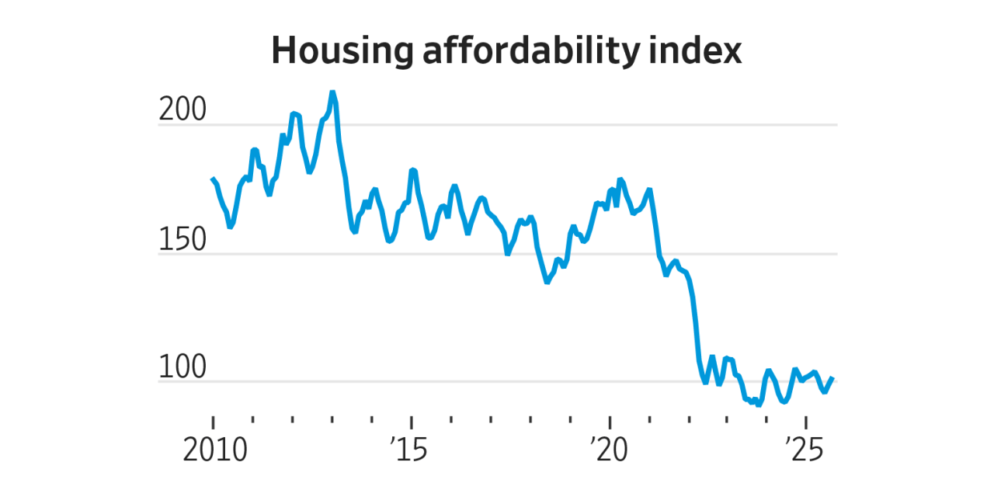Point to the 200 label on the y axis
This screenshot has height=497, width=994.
coord(182,112)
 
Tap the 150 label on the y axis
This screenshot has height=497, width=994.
coord(182,241)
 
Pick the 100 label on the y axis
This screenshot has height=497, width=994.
coord(182,369)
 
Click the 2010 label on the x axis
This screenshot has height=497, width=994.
coord(214,450)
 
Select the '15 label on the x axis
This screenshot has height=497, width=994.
coord(409,450)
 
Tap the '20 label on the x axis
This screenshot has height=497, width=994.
coord(607,450)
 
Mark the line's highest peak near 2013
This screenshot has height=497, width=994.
coord(332,92)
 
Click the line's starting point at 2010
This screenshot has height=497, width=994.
coord(213,179)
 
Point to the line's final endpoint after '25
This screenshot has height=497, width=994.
coord(832,378)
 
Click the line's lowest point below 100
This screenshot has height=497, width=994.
coord(759,405)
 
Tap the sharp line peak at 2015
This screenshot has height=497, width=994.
coord(413,169)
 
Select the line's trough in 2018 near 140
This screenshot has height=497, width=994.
coord(547,282)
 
